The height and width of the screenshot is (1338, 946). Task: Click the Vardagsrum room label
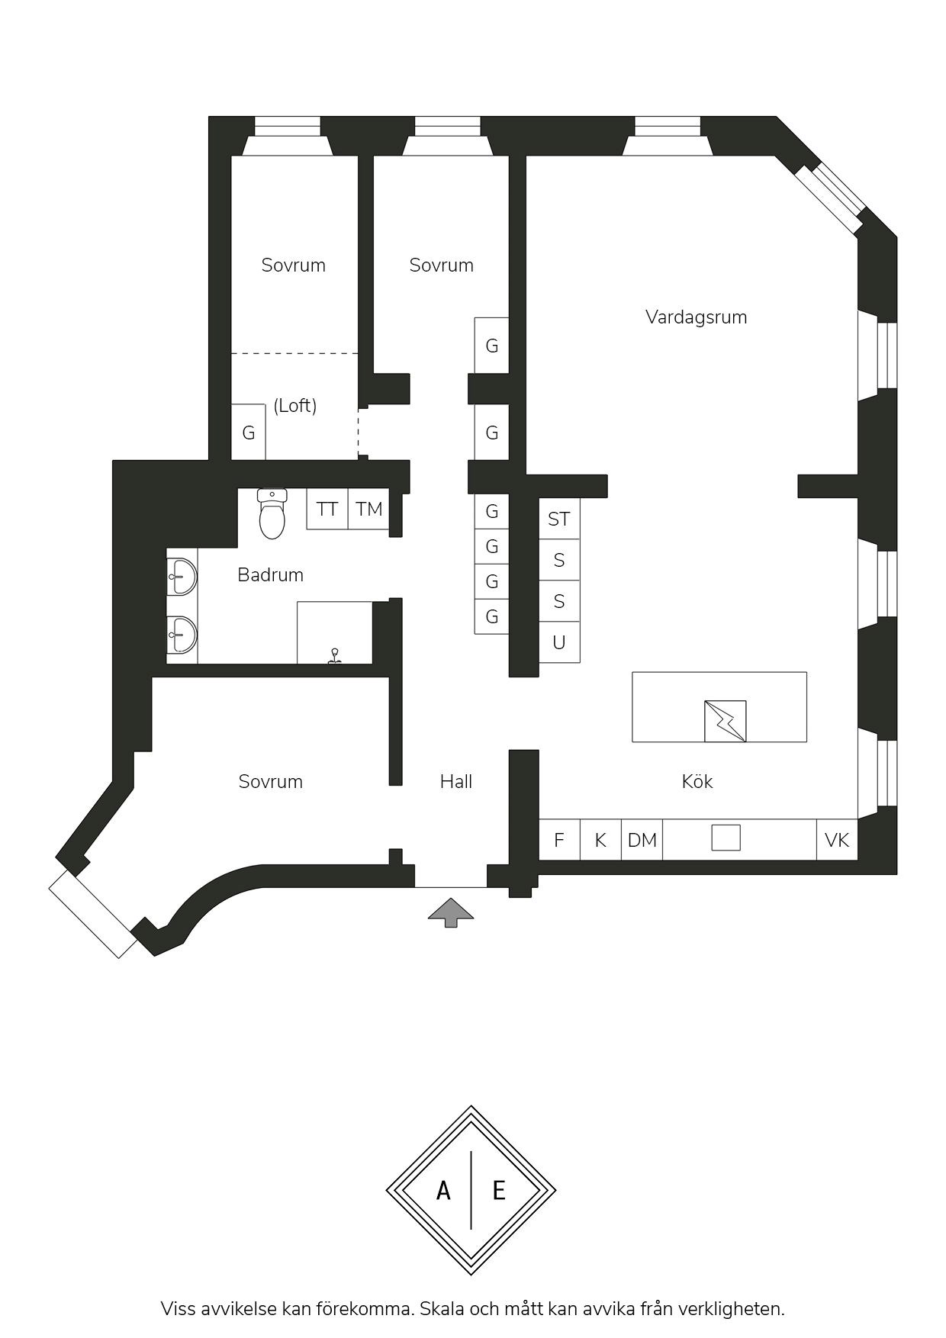tap(696, 317)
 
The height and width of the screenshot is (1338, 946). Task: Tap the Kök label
tap(697, 781)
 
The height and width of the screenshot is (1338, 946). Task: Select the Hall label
tap(456, 781)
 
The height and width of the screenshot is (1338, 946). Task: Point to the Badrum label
tap(270, 574)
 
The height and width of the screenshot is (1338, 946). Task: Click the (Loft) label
tap(294, 405)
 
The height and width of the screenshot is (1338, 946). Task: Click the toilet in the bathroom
tap(272, 513)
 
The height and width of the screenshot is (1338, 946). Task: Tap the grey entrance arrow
tap(450, 912)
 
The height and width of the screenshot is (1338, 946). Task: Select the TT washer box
tap(327, 509)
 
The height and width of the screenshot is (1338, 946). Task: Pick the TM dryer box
tap(368, 509)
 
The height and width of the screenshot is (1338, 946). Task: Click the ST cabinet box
tap(559, 519)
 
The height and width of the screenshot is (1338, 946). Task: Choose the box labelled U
tap(559, 642)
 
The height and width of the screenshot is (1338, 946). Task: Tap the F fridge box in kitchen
tap(559, 840)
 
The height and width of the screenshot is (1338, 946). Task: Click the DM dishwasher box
tap(642, 840)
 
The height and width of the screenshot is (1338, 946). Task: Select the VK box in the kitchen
tap(837, 840)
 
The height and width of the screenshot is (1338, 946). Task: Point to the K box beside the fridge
tap(600, 840)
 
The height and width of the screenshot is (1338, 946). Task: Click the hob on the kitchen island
tap(726, 721)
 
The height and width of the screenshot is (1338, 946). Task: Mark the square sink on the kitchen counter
tap(726, 838)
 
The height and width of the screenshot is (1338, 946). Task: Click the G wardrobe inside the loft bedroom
tap(248, 433)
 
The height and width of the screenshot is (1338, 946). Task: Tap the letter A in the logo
tap(443, 1190)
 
